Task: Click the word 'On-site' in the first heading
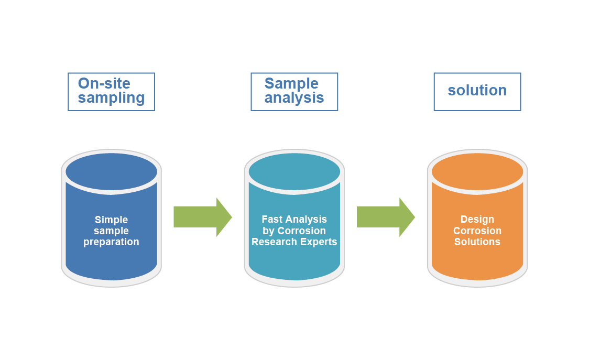pos(104,83)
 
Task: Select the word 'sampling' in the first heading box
pos(111,98)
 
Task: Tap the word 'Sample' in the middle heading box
pos(291,83)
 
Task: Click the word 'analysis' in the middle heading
pos(294,98)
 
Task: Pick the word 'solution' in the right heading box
pos(477,90)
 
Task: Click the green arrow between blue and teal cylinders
pos(202,217)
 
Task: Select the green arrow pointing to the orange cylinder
pos(385,217)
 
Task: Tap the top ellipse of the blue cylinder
pos(111,171)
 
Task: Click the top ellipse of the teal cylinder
pos(294,171)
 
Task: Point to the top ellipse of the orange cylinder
pos(477,171)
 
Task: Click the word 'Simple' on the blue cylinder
pos(111,220)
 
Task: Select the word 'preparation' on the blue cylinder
pos(111,242)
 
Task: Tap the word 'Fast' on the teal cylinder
pos(272,220)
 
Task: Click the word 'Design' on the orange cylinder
pos(477,220)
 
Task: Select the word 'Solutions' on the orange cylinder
pos(477,242)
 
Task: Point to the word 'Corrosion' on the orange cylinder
pos(477,231)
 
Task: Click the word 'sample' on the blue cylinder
pos(111,231)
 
